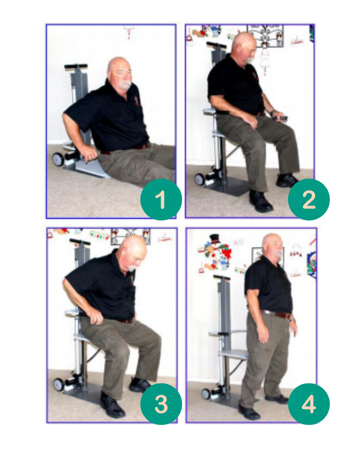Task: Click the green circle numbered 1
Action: pyautogui.click(x=161, y=199)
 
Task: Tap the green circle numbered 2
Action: pyautogui.click(x=309, y=199)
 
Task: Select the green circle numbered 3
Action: pyautogui.click(x=161, y=404)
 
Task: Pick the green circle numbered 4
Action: pyautogui.click(x=309, y=404)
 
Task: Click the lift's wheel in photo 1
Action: pyautogui.click(x=58, y=159)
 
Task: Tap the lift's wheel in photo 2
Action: pyautogui.click(x=200, y=179)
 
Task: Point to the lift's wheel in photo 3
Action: pyautogui.click(x=59, y=384)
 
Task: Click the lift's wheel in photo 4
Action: pyautogui.click(x=206, y=394)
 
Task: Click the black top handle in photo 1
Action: pyautogui.click(x=76, y=66)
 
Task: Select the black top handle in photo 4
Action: pyautogui.click(x=222, y=277)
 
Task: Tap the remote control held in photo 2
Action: pyautogui.click(x=279, y=117)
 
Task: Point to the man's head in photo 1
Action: pyautogui.click(x=120, y=72)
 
